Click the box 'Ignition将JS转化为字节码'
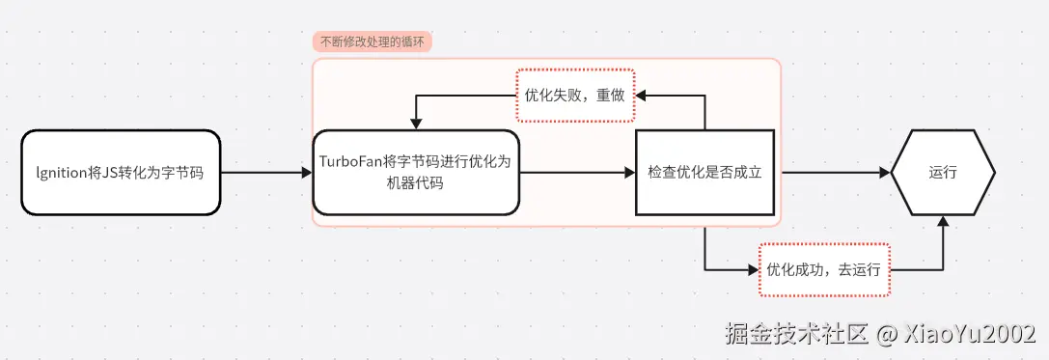(x=121, y=173)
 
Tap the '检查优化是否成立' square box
(x=704, y=173)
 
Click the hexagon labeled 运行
(x=942, y=173)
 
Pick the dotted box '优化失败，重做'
(x=575, y=96)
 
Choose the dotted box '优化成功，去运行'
(x=823, y=269)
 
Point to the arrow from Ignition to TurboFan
(x=265, y=173)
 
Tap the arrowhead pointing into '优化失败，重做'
(x=641, y=96)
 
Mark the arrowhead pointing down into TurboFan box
(x=415, y=124)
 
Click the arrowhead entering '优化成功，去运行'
(x=753, y=269)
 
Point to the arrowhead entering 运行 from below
(x=943, y=222)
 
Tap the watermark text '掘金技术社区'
(x=797, y=333)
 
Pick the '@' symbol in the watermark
(x=887, y=334)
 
